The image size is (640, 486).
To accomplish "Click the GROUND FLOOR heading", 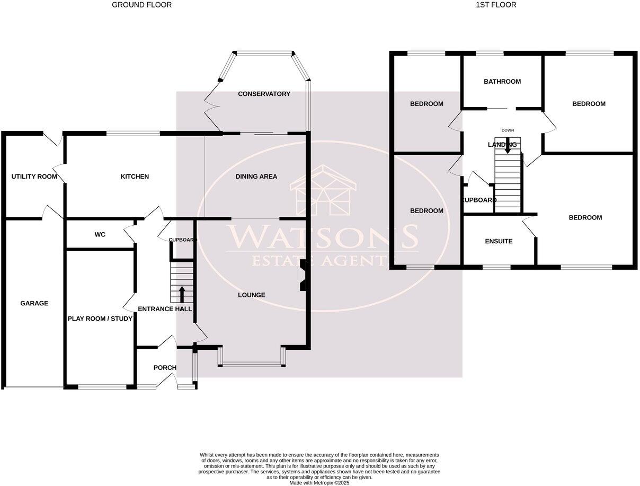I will click(x=141, y=5).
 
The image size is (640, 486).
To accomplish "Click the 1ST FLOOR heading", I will click(x=496, y=5).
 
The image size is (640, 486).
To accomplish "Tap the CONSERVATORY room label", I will click(x=264, y=94).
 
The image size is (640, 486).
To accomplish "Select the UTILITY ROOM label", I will click(x=34, y=176).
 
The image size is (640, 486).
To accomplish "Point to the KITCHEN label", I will click(x=135, y=176).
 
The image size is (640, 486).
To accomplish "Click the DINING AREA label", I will click(x=256, y=176).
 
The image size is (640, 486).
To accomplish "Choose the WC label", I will click(x=100, y=234).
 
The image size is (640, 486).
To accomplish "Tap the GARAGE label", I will click(x=34, y=303).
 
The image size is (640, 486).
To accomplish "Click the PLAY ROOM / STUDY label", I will click(x=100, y=319).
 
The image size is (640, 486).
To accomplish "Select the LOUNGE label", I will click(x=251, y=295).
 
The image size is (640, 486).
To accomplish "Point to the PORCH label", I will click(x=165, y=368).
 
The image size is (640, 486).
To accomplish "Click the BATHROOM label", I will click(x=502, y=82).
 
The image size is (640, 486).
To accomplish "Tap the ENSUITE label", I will click(x=499, y=241).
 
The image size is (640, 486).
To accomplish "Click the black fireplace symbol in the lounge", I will click(x=303, y=276).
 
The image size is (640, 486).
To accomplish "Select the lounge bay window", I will click(x=252, y=364).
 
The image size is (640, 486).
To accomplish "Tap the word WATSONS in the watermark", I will click(x=322, y=237).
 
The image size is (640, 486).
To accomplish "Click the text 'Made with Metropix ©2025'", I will click(x=319, y=483).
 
